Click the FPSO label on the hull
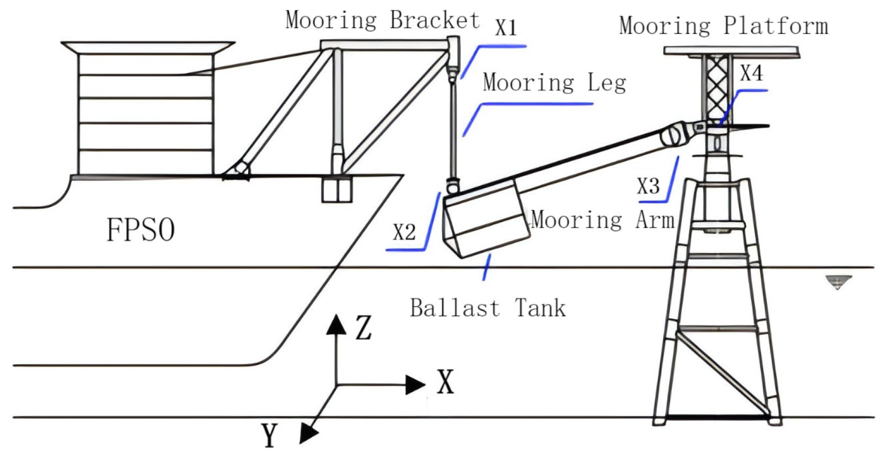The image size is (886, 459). tap(140, 230)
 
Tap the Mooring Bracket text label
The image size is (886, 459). tap(382, 21)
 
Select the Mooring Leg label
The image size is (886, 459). tap(554, 83)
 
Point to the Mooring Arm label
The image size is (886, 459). tap(602, 220)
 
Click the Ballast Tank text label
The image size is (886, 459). tap(488, 308)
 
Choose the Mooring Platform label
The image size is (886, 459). tap(723, 25)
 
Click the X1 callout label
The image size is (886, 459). tap(506, 27)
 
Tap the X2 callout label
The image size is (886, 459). tap(404, 232)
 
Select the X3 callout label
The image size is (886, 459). tap(648, 186)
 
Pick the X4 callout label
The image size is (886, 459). tap(751, 73)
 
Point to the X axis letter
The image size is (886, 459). tap(445, 382)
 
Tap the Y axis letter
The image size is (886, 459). tap(270, 436)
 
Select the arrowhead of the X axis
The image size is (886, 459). tap(415, 384)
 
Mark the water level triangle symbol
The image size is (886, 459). tap(838, 282)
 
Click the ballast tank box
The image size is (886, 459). tap(486, 220)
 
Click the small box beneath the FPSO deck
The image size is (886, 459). tap(337, 190)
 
